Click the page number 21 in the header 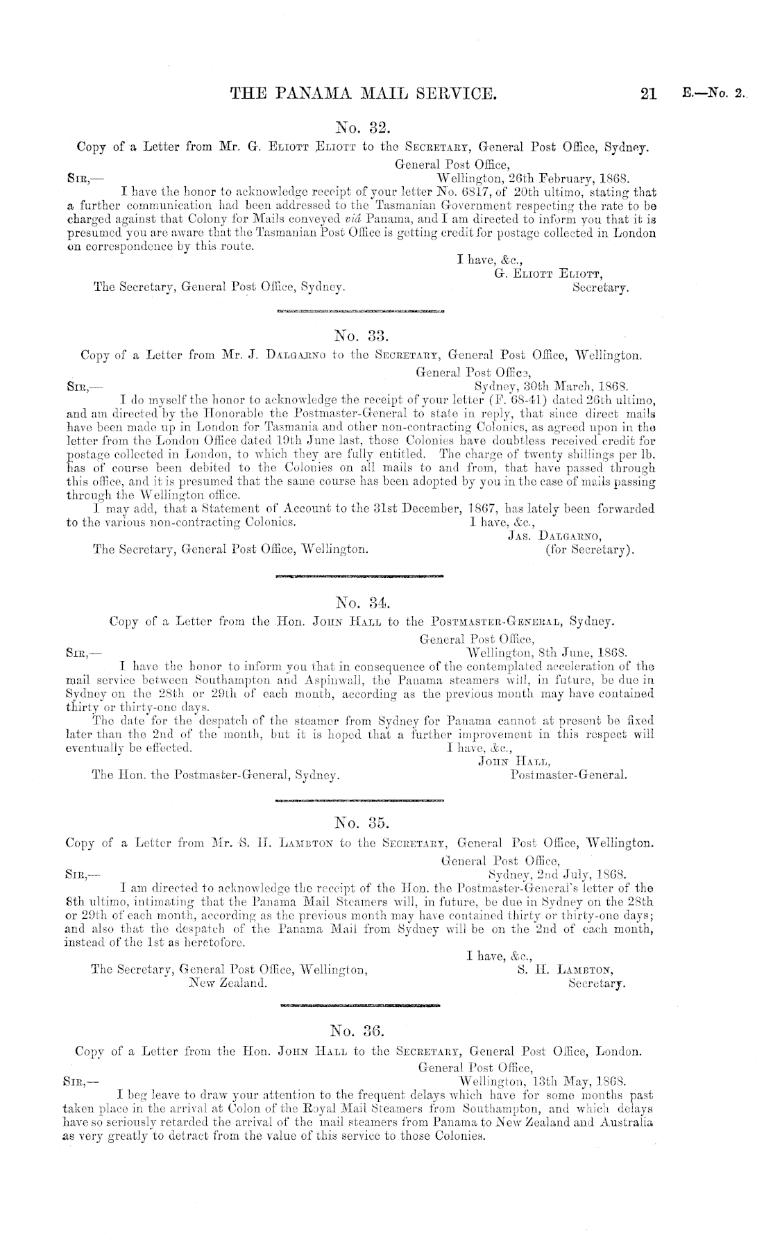648,94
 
